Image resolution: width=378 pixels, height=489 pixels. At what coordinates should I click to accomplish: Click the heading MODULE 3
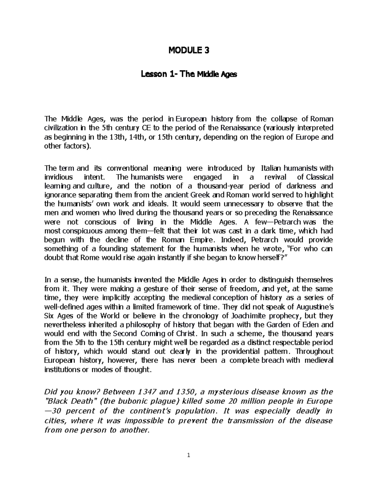coord(189,50)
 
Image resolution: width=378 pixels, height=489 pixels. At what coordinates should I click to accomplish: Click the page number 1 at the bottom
coord(189,455)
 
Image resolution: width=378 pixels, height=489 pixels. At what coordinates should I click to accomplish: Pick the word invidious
coord(58,177)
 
